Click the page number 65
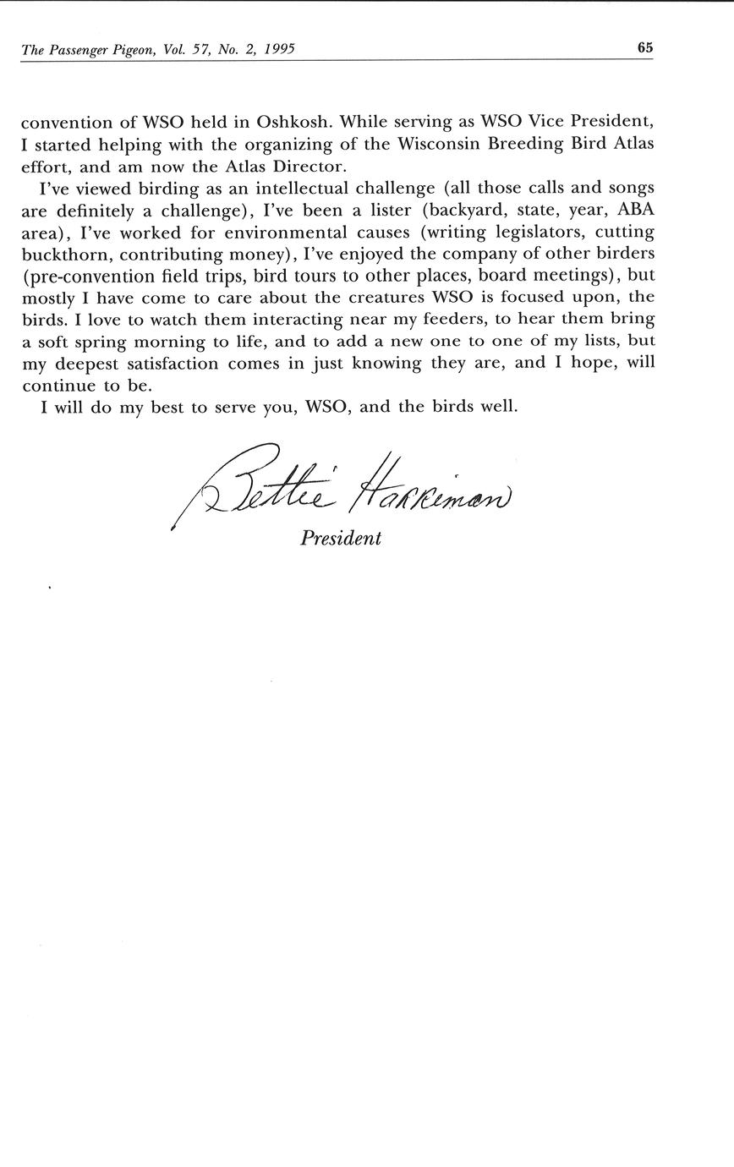(644, 48)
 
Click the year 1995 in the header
(278, 50)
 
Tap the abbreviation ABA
(636, 209)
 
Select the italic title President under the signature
(341, 538)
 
